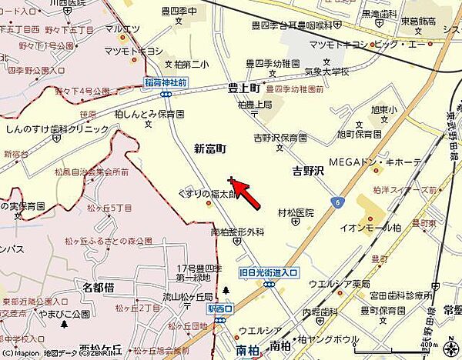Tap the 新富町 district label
209,148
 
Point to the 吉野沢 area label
308,169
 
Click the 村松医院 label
296,212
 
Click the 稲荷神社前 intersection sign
166,82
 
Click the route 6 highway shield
338,202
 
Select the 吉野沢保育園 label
280,138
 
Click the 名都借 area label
99,287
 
